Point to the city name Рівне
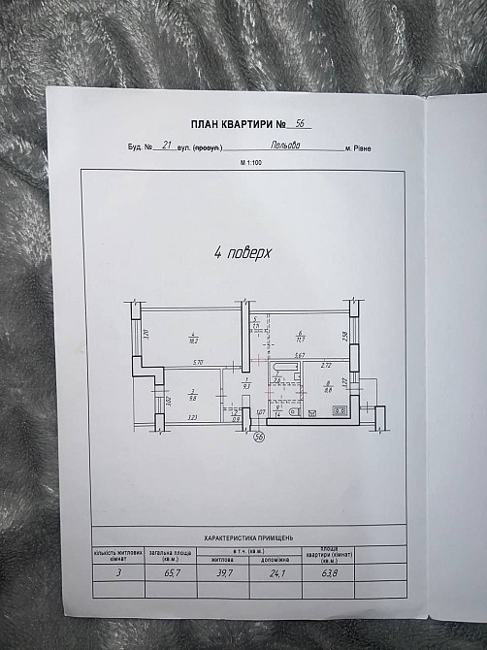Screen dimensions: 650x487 tap(360, 148)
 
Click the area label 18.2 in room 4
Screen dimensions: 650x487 tap(193, 340)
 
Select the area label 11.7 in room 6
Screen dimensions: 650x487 tap(301, 340)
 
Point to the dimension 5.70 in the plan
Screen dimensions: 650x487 tap(197, 363)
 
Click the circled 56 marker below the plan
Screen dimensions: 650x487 tap(259, 437)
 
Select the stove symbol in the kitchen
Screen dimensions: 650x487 tap(341, 410)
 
